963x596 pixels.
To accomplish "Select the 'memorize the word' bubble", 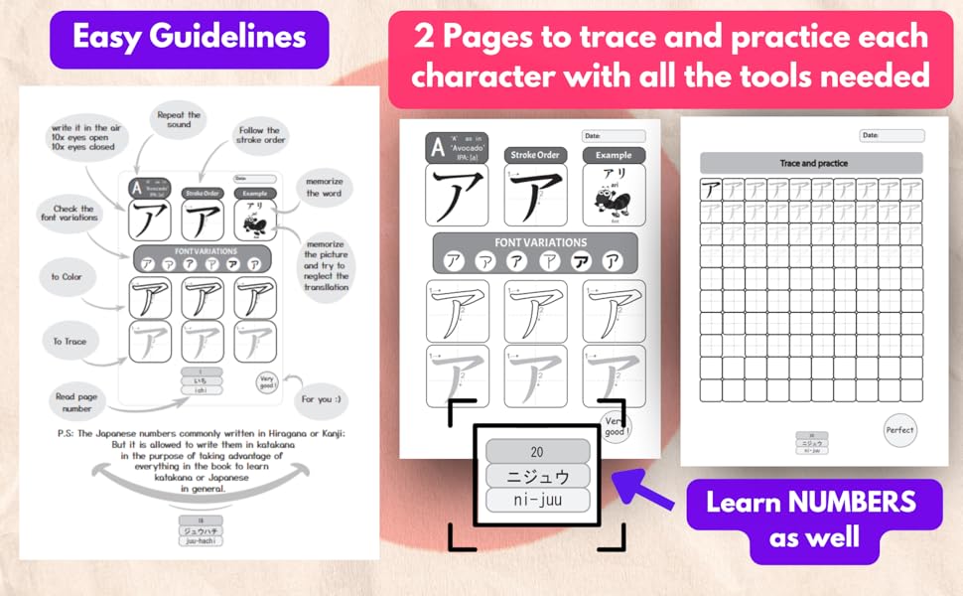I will [x=325, y=187].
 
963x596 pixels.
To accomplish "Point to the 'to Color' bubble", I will [x=68, y=277].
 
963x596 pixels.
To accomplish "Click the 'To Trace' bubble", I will [x=69, y=341].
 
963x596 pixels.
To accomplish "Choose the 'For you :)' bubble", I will [x=324, y=399].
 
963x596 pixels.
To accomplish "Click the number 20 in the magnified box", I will [x=537, y=449].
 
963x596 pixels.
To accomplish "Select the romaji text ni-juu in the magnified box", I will [x=537, y=501].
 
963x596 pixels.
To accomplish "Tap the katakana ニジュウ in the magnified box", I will [x=537, y=475].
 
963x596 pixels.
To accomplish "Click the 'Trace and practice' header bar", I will [x=811, y=163].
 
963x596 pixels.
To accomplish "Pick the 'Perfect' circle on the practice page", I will [x=899, y=430].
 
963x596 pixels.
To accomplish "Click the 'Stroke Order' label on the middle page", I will [x=535, y=155].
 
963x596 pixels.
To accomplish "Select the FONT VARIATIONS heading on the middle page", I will [x=540, y=242].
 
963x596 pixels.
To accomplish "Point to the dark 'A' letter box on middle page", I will [x=437, y=148].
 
